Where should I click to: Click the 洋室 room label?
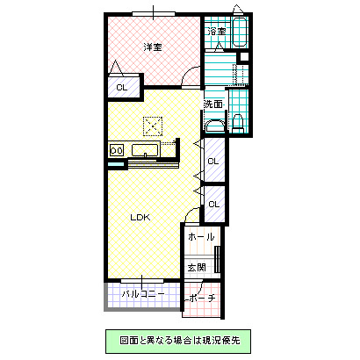(x=153, y=47)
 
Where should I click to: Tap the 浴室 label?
(x=215, y=32)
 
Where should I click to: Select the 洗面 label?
(x=213, y=104)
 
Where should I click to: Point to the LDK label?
(x=141, y=217)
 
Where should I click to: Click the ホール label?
(x=201, y=237)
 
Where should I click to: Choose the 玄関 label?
(x=197, y=268)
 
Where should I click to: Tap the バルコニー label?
(x=143, y=294)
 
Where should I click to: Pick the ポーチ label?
(x=200, y=298)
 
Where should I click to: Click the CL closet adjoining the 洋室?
(x=121, y=88)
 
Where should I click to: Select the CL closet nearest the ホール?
(x=213, y=204)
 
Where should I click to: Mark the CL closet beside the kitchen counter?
(x=213, y=160)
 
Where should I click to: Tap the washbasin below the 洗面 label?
(x=213, y=126)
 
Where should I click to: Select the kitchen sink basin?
(x=144, y=151)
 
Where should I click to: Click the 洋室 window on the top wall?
(x=153, y=13)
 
